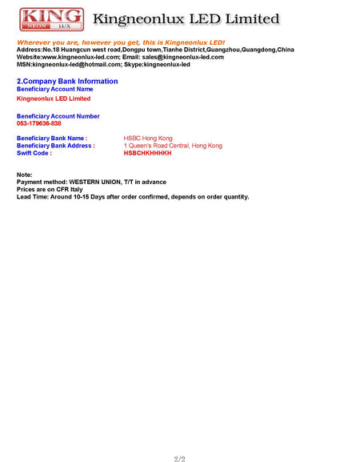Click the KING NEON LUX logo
point(51,19)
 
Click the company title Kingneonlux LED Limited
point(186,19)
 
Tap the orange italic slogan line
point(121,42)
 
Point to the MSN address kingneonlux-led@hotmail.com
point(78,64)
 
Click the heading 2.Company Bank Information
point(67,81)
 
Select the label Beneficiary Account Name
point(54,89)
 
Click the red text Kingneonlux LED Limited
point(54,98)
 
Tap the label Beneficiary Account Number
point(58,116)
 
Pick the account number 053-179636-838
point(38,123)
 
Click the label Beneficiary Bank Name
point(51,139)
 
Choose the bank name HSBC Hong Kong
point(148,139)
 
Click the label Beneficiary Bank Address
point(55,146)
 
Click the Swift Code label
point(34,153)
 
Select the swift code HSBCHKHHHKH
point(147,153)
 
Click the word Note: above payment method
point(24,175)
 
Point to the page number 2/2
point(179,458)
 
